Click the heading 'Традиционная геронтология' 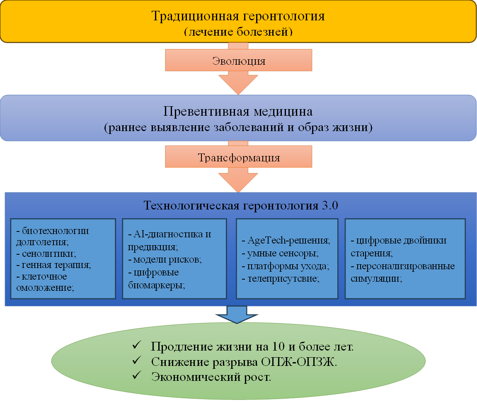pyautogui.click(x=238, y=16)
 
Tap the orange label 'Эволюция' pyautogui.click(x=239, y=61)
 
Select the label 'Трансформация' pyautogui.click(x=239, y=158)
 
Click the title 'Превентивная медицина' pyautogui.click(x=238, y=112)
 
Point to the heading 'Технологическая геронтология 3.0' pyautogui.click(x=241, y=205)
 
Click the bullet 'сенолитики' pyautogui.click(x=49, y=253)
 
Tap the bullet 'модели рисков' pyautogui.click(x=167, y=259)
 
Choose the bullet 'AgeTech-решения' pyautogui.click(x=289, y=240)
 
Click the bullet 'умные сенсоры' pyautogui.click(x=283, y=253)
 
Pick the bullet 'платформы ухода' pyautogui.click(x=288, y=266)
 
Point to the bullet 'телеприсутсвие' pyautogui.click(x=283, y=279)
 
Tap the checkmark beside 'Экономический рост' pyautogui.click(x=137, y=375)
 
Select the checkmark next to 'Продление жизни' pyautogui.click(x=137, y=345)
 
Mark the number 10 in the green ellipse pyautogui.click(x=278, y=346)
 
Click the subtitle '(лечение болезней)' pyautogui.click(x=238, y=32)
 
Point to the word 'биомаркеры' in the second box pyautogui.click(x=156, y=285)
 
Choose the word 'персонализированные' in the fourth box pyautogui.click(x=405, y=266)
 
